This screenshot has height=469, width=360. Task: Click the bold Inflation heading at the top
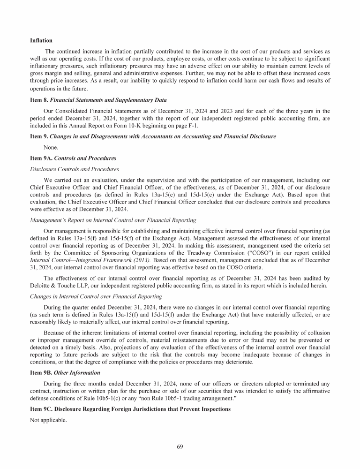click(41, 41)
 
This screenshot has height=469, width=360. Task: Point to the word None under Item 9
click(51, 147)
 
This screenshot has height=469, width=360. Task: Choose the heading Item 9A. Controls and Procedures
click(73, 158)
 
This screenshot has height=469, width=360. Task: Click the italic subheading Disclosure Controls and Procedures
click(75, 169)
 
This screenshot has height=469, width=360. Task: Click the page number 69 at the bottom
click(180, 446)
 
